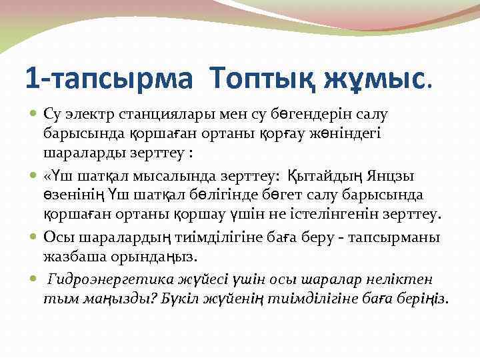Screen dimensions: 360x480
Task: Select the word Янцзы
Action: [x=395, y=176]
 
